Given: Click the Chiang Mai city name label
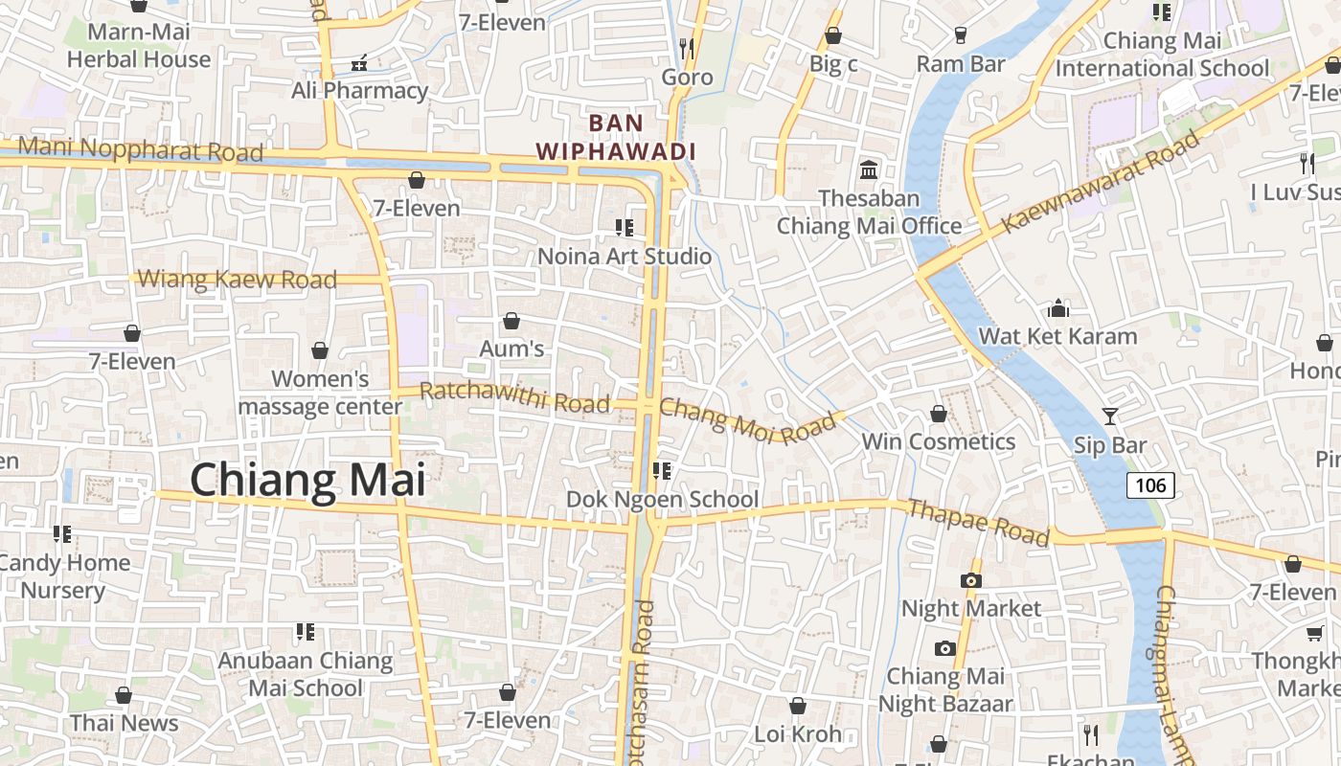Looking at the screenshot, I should (307, 480).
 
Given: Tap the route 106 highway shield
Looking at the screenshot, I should (1150, 485).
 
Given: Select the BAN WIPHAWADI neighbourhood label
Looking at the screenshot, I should (615, 137).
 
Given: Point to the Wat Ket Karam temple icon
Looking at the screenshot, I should (1058, 308).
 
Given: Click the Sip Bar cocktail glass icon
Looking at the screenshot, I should (1109, 417).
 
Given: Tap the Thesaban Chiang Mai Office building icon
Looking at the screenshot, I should (869, 170).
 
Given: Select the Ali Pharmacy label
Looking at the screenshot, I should (360, 91).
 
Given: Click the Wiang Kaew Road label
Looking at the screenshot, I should (238, 280).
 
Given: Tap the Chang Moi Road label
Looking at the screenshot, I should (748, 421).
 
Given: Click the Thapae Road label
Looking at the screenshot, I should (978, 523).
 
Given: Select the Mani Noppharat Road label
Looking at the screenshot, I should (140, 149).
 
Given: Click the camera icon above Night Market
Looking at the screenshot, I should (970, 580).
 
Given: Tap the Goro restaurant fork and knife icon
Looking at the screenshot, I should (686, 48).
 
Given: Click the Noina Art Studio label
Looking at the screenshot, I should (625, 257).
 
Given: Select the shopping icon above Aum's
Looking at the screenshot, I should (511, 321).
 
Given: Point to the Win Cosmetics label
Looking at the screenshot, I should (939, 441).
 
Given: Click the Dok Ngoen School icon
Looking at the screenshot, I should (661, 471).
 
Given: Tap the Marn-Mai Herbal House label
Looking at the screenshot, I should (139, 45).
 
